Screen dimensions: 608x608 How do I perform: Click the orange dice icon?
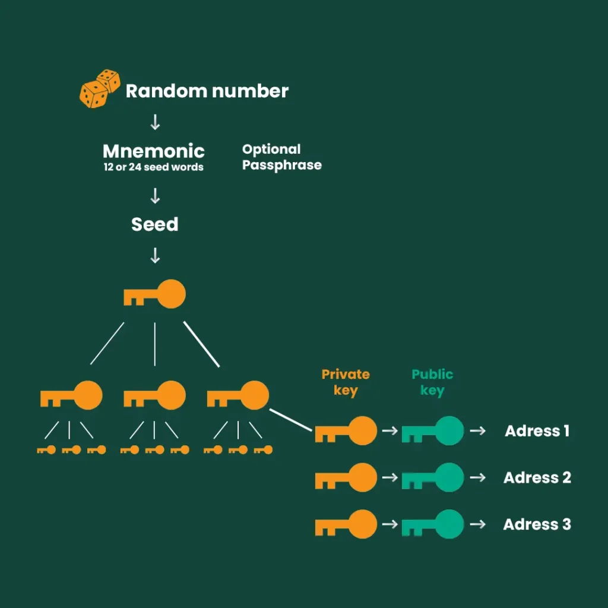point(99,88)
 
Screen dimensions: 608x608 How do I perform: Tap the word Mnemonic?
point(154,151)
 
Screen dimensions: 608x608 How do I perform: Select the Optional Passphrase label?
point(281,157)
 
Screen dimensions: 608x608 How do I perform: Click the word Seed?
point(154,224)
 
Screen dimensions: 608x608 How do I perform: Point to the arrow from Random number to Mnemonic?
point(155,122)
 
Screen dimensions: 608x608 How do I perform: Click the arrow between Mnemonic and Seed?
point(155,195)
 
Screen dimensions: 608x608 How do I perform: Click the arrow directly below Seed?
point(155,256)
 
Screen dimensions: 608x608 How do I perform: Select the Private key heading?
point(346,382)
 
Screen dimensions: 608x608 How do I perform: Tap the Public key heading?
point(432,382)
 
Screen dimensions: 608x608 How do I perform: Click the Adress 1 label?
point(537,431)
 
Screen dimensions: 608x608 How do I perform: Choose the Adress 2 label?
point(537,477)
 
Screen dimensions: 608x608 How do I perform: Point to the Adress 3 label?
point(537,524)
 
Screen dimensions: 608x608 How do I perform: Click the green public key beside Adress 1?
point(433,431)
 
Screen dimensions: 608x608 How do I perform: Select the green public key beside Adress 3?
point(433,524)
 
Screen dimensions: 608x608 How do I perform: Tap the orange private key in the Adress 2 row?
point(346,477)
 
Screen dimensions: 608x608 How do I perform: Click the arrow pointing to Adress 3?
point(477,524)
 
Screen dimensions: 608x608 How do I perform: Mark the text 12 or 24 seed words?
point(153,167)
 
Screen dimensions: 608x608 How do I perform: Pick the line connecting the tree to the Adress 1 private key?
point(292,419)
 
